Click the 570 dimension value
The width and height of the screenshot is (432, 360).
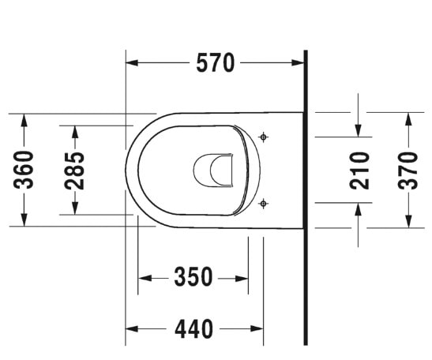point(216,64)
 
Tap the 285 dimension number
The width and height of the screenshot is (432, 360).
point(75,170)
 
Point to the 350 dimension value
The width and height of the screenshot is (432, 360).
point(193,278)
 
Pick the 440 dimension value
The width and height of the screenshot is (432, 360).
point(193,328)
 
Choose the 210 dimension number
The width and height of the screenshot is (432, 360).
point(359,169)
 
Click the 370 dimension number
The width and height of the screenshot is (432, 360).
point(408,170)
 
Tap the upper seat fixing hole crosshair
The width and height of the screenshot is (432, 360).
point(264,137)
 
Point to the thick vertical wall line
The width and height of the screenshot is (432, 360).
point(305,197)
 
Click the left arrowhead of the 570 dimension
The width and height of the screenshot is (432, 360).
point(132,64)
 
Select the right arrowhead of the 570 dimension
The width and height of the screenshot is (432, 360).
point(299,64)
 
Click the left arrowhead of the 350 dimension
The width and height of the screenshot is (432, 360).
point(144,278)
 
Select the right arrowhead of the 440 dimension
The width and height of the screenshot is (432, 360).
point(257,328)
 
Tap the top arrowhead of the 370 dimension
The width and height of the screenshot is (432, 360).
point(408,118)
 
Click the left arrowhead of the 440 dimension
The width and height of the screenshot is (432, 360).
point(132,328)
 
